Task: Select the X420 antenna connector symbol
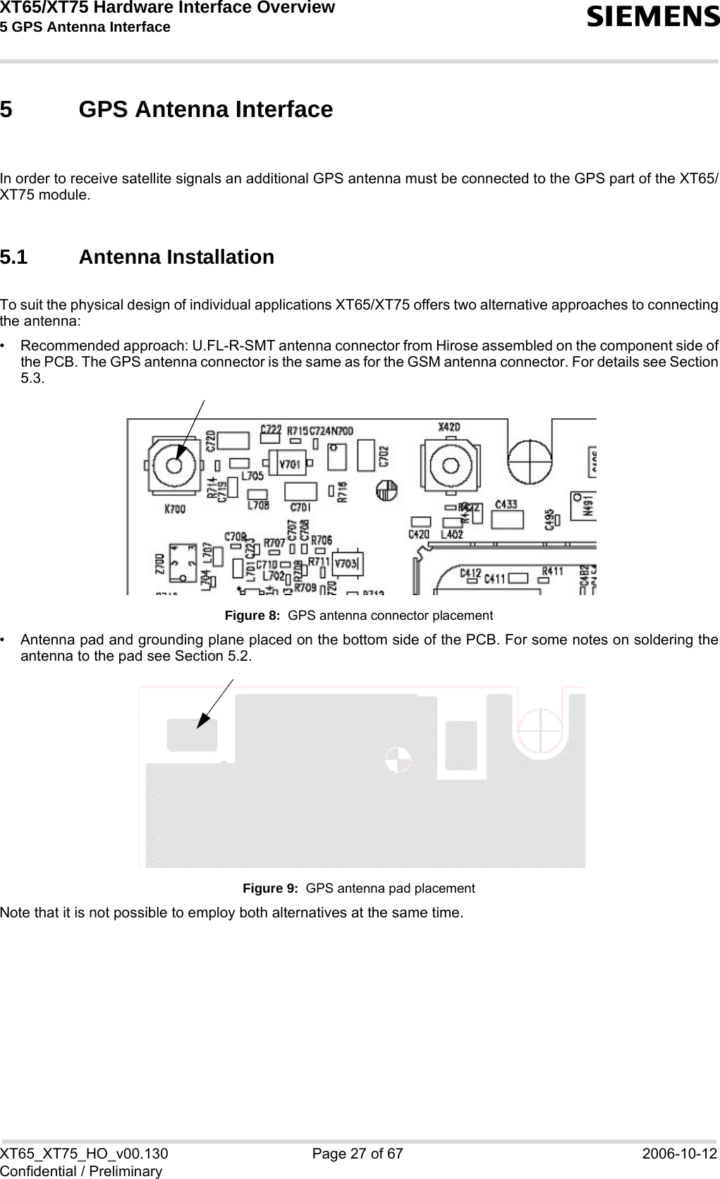(449, 466)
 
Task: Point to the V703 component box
(347, 563)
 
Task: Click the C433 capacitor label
(507, 504)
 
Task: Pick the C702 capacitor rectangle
(366, 455)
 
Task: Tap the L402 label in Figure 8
(451, 534)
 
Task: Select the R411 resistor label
(552, 570)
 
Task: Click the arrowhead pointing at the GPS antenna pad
(204, 718)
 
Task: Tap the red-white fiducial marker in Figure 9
(397, 759)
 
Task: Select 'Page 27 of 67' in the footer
(360, 1154)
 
